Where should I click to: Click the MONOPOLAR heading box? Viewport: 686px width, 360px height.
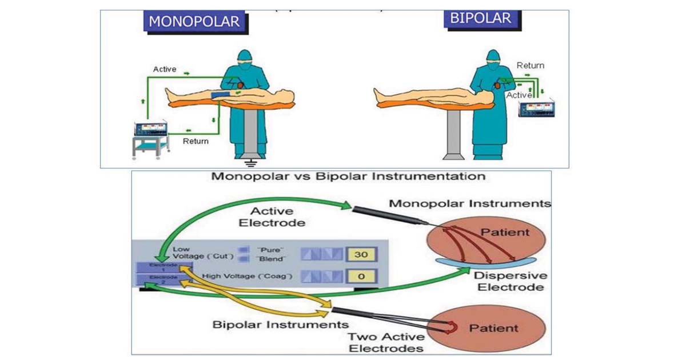point(194,21)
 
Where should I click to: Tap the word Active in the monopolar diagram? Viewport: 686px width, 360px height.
point(165,69)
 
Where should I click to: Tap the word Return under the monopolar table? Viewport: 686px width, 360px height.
point(196,141)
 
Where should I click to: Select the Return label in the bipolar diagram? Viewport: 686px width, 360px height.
point(530,66)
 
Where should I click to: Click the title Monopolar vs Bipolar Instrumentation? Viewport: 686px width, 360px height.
point(348,176)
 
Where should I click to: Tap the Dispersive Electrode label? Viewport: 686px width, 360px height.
point(510,281)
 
